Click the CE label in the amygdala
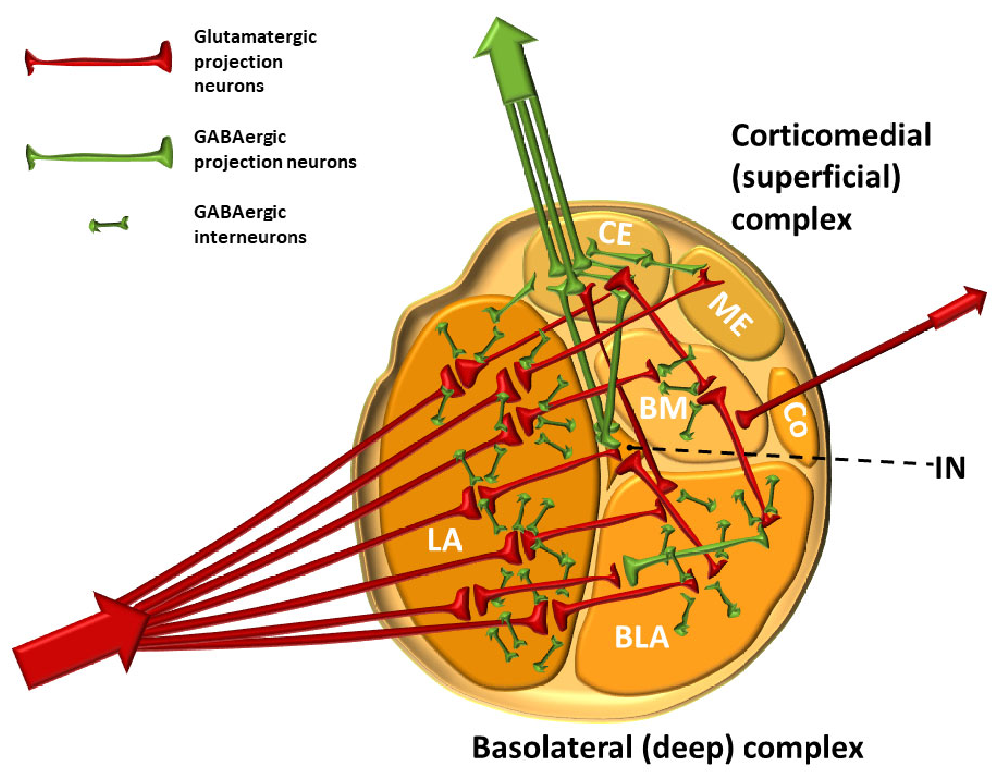coord(614,234)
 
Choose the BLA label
coord(642,637)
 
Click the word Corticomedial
coord(831,136)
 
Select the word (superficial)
coord(816,178)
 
